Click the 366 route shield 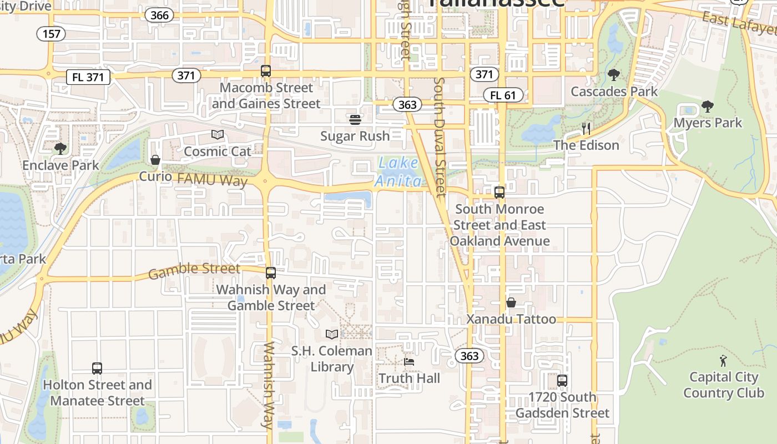coord(159,15)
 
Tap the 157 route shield coord(51,34)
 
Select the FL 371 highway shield coord(88,77)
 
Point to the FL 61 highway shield coord(503,95)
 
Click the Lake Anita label coord(398,171)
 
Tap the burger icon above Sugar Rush coord(355,119)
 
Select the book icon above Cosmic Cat coord(218,134)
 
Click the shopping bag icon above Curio coord(155,160)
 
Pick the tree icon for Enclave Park coord(60,149)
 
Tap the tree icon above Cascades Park coord(614,75)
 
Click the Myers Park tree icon coord(708,106)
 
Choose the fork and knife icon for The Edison coord(586,129)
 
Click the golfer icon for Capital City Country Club coord(723,361)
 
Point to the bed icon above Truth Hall coord(409,362)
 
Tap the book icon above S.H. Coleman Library coord(332,334)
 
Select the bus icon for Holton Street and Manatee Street coord(97,368)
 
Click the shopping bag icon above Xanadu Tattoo coord(511,302)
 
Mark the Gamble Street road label coord(194,270)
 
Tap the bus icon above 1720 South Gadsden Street coord(562,381)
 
